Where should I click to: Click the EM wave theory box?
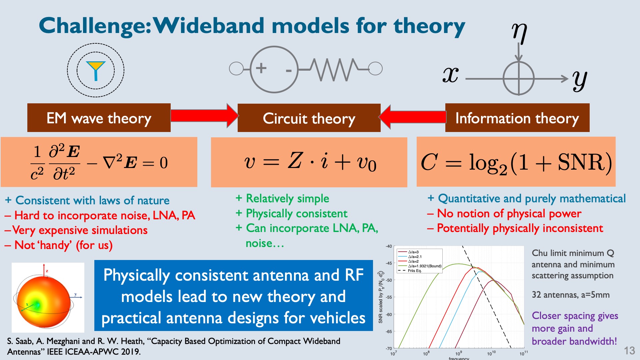click(99, 118)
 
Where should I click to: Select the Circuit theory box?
click(309, 118)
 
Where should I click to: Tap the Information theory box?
click(517, 118)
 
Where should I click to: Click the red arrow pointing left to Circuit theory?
click(412, 117)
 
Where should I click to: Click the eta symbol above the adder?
click(519, 33)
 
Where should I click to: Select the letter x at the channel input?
click(451, 75)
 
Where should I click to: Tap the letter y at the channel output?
click(580, 80)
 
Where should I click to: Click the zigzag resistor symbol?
click(334, 70)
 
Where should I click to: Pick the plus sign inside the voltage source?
click(261, 68)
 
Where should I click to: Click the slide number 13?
click(629, 351)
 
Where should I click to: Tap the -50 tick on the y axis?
click(389, 280)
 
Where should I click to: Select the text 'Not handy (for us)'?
click(59, 245)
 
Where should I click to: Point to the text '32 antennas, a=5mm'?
click(571, 295)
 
